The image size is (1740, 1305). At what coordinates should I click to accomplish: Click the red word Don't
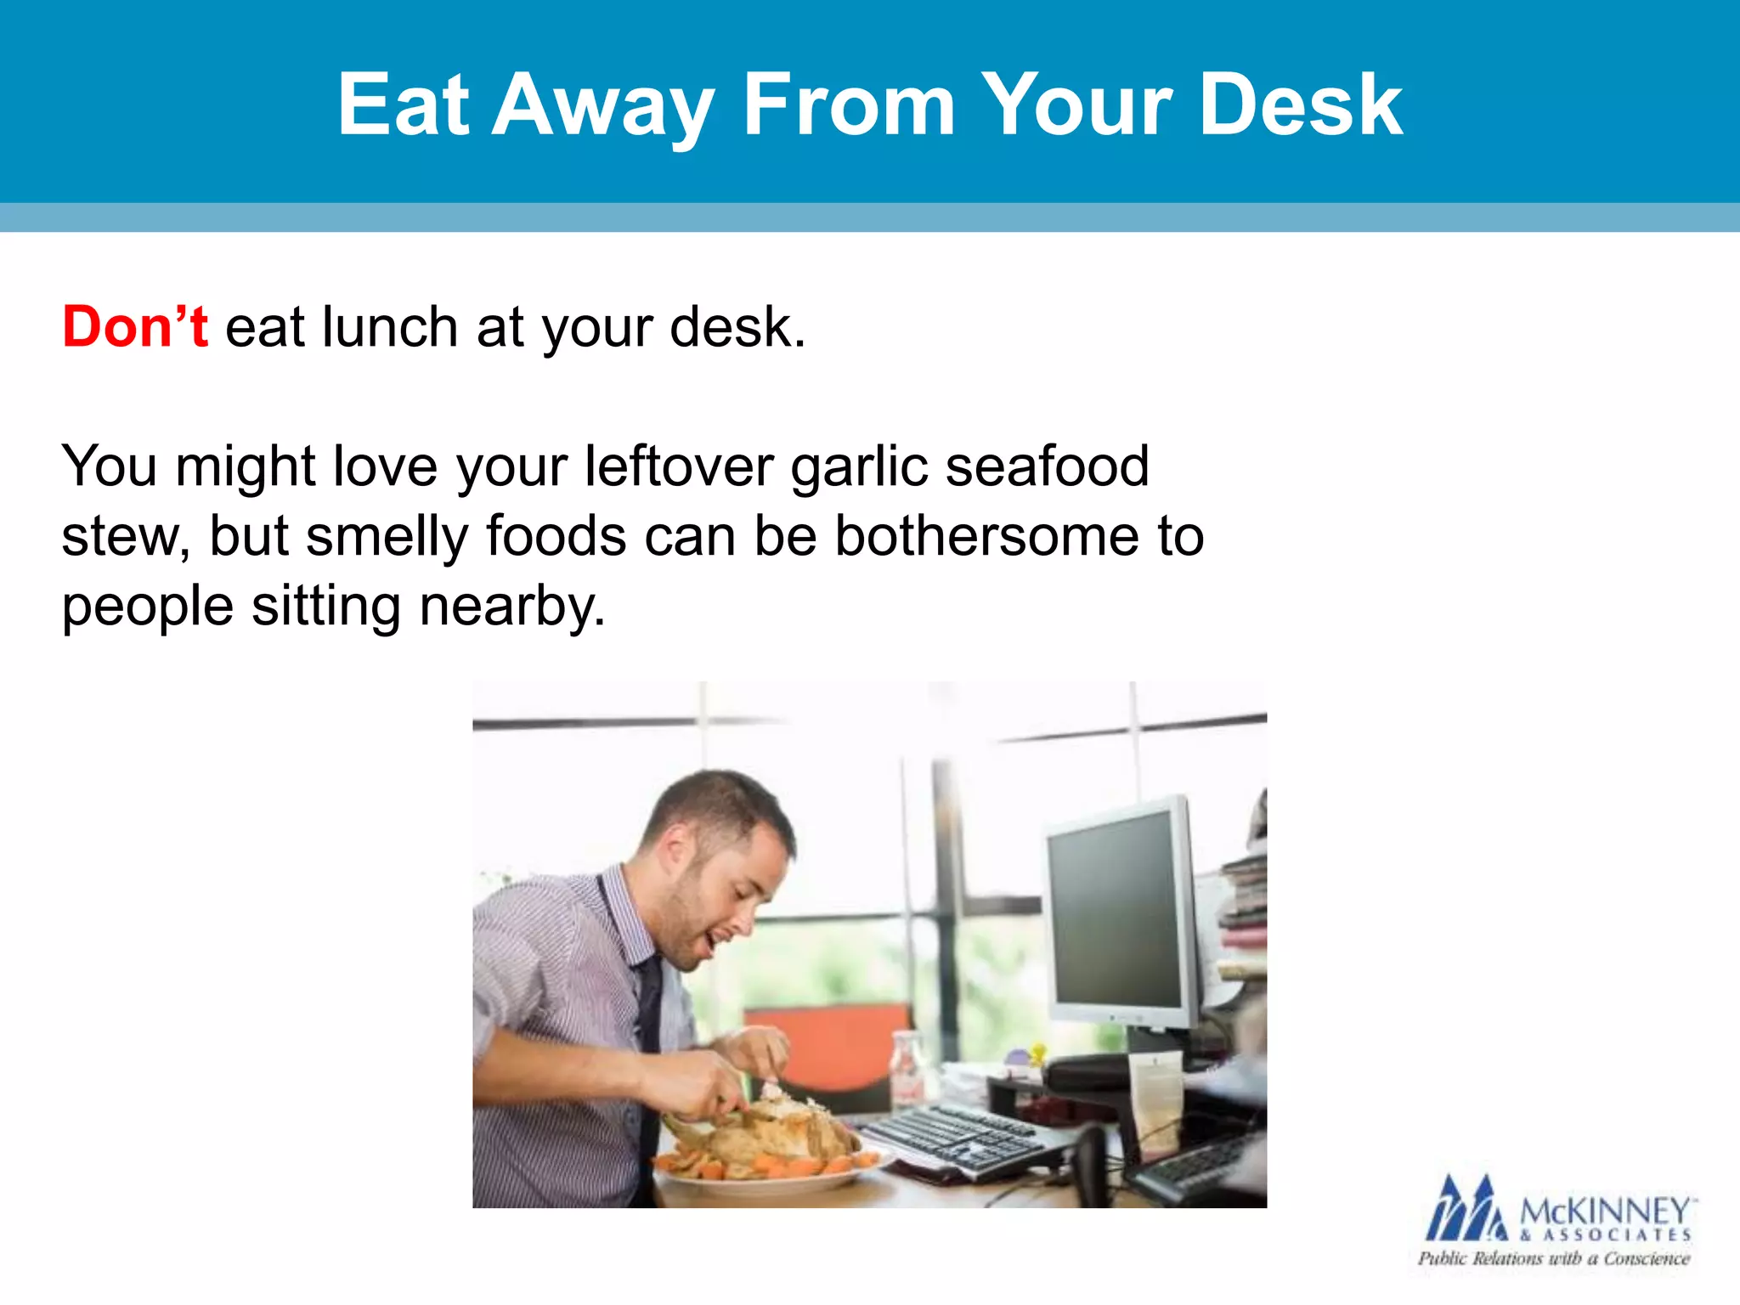click(x=134, y=327)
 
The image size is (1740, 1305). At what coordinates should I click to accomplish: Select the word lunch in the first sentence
click(x=390, y=327)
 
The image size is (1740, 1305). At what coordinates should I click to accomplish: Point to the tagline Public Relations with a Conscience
click(x=1553, y=1258)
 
